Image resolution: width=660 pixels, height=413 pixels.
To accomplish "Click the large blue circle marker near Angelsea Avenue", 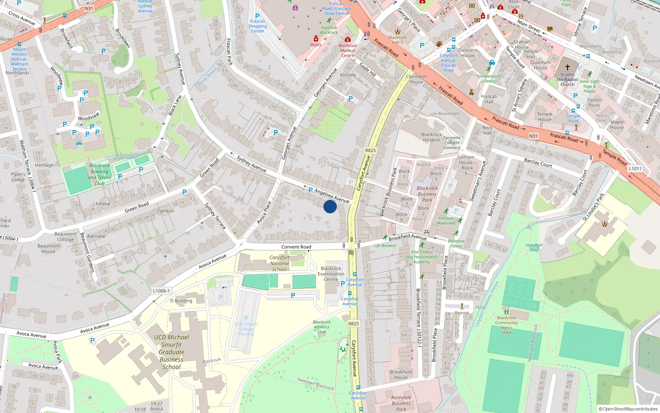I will pos(330,206).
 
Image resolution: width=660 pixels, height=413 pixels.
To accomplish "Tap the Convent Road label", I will pos(296,247).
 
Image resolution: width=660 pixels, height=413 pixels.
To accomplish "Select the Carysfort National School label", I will pos(279,263).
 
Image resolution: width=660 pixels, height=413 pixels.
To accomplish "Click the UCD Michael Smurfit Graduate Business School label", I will pos(172,352).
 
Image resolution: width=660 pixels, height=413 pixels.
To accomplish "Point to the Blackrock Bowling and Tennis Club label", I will pos(99,174).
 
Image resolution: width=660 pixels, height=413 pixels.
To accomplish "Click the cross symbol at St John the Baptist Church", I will pos(567,67).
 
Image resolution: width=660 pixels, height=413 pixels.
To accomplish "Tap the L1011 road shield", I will pos(635,169).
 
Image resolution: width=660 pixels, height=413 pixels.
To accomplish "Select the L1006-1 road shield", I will pos(161,291).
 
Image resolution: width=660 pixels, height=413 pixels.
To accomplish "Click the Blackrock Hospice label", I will pos(431,137).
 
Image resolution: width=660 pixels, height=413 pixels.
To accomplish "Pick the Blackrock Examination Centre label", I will pos(331,274).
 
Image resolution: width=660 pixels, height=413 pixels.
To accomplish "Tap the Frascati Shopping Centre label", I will pos(257,26).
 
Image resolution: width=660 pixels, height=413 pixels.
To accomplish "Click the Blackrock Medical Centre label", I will pos(348,50).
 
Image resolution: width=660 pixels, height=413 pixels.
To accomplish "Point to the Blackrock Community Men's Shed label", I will pos(507,325).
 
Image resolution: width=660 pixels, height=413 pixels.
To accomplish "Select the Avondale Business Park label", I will pos(401,403).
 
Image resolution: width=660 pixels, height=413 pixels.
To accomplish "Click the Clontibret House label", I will pos(416,79).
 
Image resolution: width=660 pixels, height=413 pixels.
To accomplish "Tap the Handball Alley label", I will pos(534,247).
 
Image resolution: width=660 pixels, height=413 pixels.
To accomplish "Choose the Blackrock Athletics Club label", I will pos(321,327).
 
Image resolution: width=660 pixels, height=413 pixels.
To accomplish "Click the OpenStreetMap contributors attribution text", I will pos(628,409).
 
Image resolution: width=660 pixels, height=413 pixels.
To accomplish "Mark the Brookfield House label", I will pos(401,374).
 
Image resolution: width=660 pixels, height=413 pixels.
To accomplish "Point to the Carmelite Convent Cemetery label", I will pos(452,142).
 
